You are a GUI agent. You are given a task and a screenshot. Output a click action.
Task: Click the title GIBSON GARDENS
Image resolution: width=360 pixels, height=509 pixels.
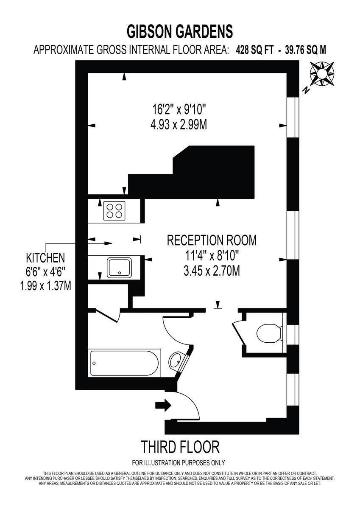tap(180, 31)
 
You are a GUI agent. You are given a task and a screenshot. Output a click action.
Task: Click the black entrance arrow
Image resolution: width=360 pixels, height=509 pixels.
tap(163, 406)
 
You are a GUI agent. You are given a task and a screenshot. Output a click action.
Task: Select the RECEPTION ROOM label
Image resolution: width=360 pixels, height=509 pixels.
tap(212, 241)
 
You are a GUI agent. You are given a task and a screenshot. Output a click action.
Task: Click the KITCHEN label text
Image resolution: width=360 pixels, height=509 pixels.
tap(45, 257)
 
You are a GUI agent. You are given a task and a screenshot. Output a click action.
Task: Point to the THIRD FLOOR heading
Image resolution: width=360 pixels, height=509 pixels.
tap(180, 447)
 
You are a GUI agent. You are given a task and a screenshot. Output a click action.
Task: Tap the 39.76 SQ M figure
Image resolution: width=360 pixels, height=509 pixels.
tap(305, 50)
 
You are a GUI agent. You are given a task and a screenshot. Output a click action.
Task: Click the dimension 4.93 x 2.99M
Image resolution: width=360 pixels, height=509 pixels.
tap(179, 125)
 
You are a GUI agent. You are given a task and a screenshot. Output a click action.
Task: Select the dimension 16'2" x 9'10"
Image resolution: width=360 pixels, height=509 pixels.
tap(179, 110)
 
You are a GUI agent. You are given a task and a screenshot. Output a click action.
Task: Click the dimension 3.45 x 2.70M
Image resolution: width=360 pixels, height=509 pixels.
tap(212, 270)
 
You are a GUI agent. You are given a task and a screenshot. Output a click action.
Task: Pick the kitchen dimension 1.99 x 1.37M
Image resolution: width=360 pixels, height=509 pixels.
tap(45, 285)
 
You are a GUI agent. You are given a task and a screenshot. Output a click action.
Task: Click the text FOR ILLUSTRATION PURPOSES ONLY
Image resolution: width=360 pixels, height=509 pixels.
tap(179, 463)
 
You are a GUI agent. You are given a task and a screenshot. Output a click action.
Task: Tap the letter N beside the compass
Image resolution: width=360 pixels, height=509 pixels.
tap(305, 90)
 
